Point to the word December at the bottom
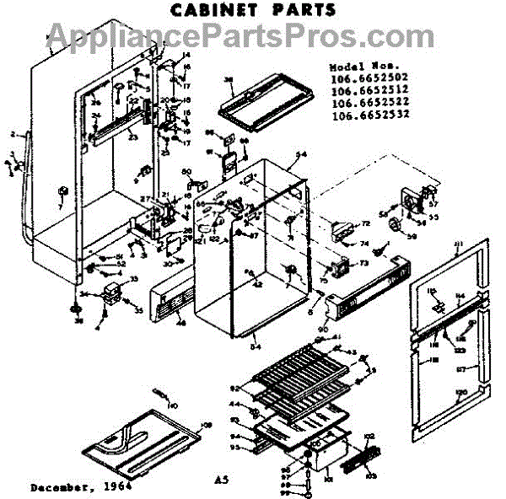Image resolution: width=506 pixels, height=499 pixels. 60,486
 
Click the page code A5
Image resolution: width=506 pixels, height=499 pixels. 221,480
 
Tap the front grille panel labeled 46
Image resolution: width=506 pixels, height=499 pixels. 173,302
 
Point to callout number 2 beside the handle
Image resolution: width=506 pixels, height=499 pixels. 13,134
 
